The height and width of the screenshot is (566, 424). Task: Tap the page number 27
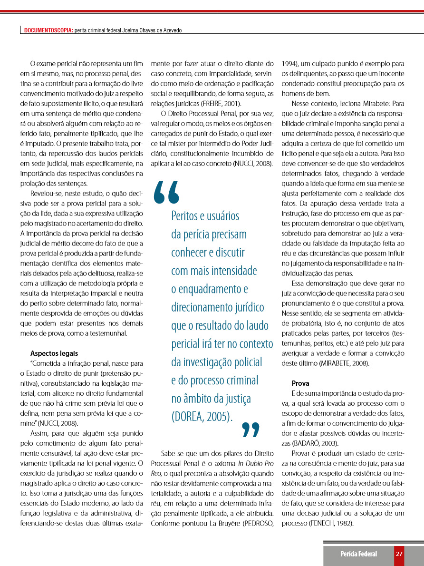[x=399, y=554]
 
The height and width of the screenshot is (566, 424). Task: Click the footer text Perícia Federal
[x=358, y=554]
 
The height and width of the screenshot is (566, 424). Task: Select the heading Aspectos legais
[x=54, y=353]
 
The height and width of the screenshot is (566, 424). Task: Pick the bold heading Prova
[x=300, y=383]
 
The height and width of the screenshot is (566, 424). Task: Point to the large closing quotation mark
[x=251, y=429]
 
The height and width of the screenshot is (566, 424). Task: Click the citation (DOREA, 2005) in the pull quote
[x=202, y=417]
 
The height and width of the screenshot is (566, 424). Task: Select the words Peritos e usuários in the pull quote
[x=205, y=215]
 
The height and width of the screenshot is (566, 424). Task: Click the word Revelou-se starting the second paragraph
[x=46, y=194]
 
